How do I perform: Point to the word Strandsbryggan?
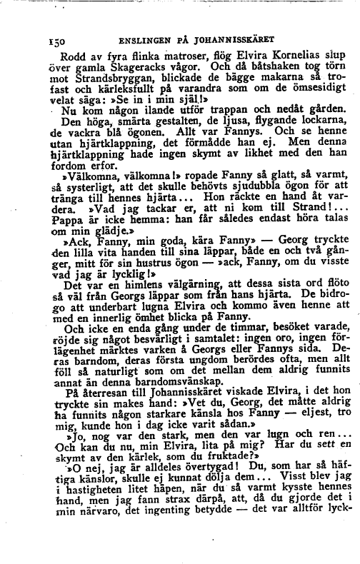[101, 81]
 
